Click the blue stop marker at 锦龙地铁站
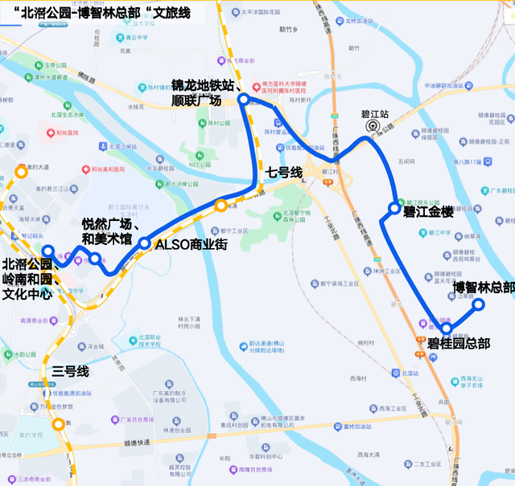(x=243, y=99)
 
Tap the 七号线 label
(x=283, y=173)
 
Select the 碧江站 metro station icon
(x=371, y=126)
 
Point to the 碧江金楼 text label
(x=428, y=213)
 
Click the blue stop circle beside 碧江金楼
(x=393, y=209)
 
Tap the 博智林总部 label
(x=483, y=287)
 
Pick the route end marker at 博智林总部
(x=478, y=304)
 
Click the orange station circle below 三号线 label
(x=58, y=425)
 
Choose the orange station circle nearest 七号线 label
(x=220, y=206)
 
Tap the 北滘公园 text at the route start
(x=27, y=264)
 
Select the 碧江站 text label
(x=375, y=114)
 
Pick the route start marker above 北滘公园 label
(x=47, y=251)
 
